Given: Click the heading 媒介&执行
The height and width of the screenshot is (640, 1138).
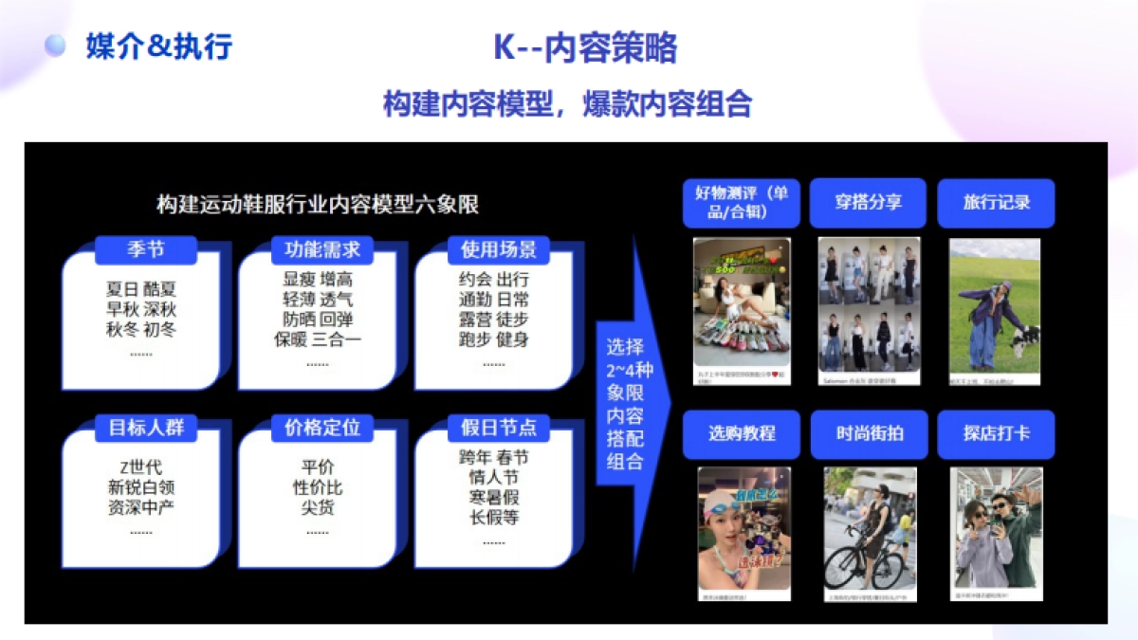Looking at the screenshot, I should pyautogui.click(x=158, y=46).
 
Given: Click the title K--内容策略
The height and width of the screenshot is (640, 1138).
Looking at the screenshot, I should pyautogui.click(x=585, y=47).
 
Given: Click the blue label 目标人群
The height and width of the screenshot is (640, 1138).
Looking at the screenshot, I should pyautogui.click(x=146, y=428).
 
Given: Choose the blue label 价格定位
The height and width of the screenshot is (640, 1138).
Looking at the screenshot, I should pyautogui.click(x=322, y=428).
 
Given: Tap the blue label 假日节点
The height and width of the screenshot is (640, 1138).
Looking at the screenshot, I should pyautogui.click(x=498, y=428).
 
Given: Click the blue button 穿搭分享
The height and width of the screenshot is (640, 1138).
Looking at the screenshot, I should pyautogui.click(x=868, y=202).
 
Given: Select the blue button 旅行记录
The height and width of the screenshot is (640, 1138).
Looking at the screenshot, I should pyautogui.click(x=996, y=202).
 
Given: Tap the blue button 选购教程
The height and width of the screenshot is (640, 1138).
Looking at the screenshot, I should pyautogui.click(x=741, y=433).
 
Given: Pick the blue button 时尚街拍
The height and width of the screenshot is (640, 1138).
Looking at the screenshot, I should pyautogui.click(x=869, y=433).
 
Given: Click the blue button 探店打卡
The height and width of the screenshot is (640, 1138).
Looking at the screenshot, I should pyautogui.click(x=996, y=433).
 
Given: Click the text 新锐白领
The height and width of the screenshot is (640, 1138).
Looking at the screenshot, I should pyautogui.click(x=141, y=487).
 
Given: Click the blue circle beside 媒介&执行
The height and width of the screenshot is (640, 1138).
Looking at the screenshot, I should pyautogui.click(x=56, y=45).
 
